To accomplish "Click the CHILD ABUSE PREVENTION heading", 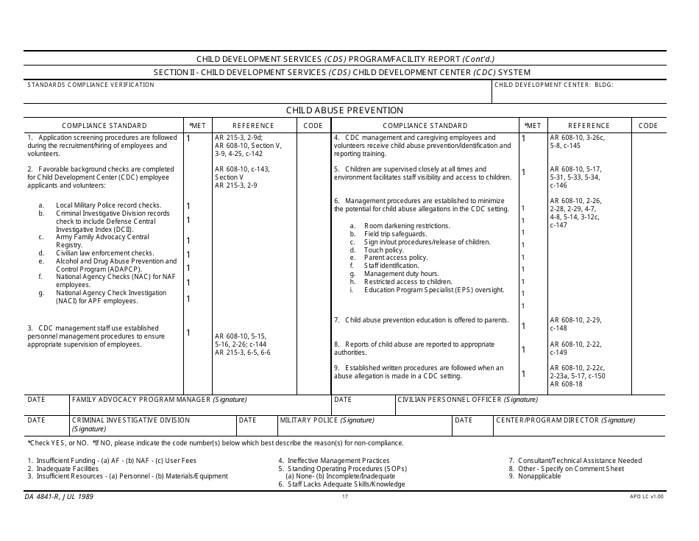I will (x=344, y=110).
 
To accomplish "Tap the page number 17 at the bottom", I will (x=344, y=497).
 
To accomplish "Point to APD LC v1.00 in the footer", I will (x=647, y=497).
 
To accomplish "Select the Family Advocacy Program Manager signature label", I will (x=159, y=400).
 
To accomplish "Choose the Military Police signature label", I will (x=327, y=420).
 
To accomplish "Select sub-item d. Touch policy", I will (x=383, y=250).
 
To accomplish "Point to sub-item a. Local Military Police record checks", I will (x=108, y=205).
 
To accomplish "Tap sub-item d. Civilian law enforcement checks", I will (x=104, y=253).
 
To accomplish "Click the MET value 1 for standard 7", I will (x=524, y=325).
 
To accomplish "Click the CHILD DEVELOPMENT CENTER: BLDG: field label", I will (x=553, y=85).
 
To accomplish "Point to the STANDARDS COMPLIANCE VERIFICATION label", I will (x=91, y=85).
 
